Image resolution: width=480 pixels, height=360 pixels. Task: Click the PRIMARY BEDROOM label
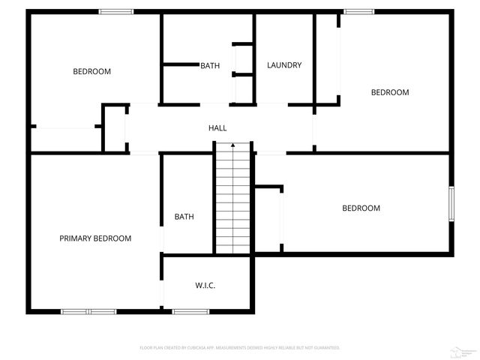(95, 238)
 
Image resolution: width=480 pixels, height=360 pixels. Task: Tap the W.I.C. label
(205, 285)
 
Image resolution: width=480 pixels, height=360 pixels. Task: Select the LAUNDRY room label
(284, 65)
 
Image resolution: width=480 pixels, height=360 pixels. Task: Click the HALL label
(217, 128)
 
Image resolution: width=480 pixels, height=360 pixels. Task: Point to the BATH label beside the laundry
(210, 66)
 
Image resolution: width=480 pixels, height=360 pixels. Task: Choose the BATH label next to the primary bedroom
(184, 217)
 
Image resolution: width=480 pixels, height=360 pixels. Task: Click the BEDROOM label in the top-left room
(91, 72)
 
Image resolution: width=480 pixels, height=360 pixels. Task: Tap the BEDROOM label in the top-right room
(390, 92)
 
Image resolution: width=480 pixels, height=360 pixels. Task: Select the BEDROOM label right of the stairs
(361, 208)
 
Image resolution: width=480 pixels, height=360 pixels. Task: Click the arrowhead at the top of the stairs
(233, 145)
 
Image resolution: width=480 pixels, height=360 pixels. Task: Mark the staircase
(233, 199)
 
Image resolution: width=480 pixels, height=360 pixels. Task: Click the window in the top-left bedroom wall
(116, 11)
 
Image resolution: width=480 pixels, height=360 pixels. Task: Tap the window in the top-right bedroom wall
(358, 11)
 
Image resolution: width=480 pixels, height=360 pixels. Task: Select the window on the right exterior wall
(451, 203)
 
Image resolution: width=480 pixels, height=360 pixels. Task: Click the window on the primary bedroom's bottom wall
(88, 311)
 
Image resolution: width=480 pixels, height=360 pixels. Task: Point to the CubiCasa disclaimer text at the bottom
(240, 348)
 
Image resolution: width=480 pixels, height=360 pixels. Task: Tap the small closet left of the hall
(114, 129)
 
